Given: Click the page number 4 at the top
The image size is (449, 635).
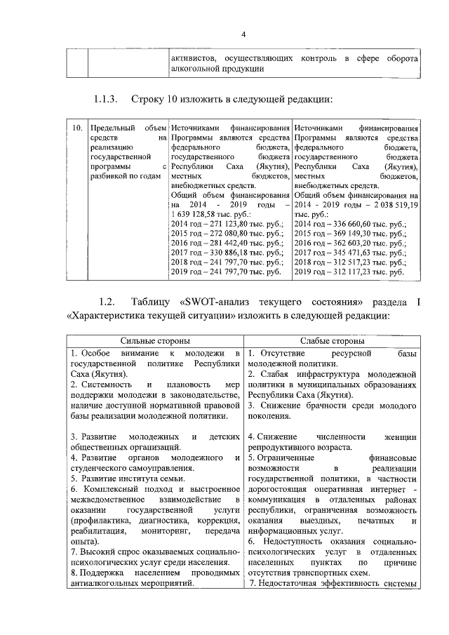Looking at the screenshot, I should tap(243, 35).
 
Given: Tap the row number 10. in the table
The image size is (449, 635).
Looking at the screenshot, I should tap(76, 128).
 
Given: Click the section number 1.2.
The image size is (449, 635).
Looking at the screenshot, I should tap(106, 302).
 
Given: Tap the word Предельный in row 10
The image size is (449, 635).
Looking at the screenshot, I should tap(109, 128).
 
